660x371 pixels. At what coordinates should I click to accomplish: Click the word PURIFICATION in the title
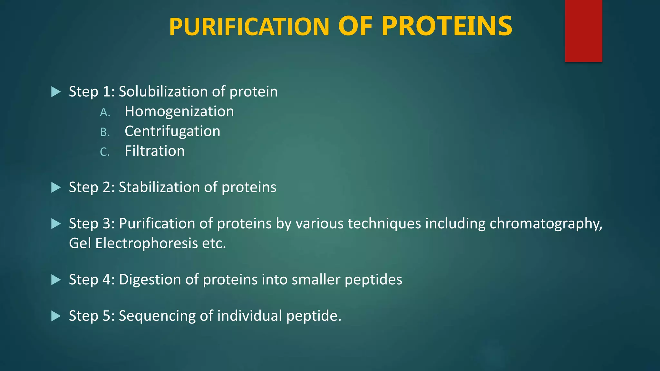tap(249, 27)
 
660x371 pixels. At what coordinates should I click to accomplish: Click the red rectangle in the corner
tap(583, 31)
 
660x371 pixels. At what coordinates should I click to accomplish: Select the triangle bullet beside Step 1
tap(56, 92)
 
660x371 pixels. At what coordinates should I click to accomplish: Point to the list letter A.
tap(105, 112)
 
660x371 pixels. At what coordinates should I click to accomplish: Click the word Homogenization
tap(179, 112)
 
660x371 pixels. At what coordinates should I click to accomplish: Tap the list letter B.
tap(105, 132)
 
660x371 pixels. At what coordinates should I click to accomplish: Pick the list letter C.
tap(105, 152)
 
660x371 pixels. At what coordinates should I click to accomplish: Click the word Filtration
tap(155, 151)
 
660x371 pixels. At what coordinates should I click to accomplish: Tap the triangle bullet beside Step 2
tap(56, 187)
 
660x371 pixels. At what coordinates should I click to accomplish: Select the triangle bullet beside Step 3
tap(56, 224)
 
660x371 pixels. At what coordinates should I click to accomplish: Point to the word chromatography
tap(546, 224)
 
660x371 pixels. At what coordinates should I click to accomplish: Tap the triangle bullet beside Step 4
tap(56, 280)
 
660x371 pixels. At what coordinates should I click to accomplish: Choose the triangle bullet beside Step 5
tap(56, 316)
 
